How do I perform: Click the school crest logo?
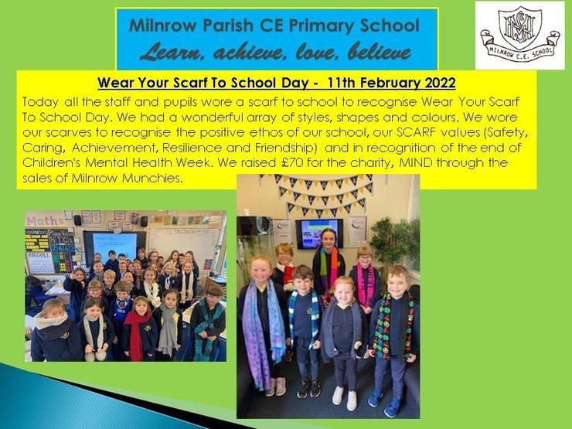tap(520, 36)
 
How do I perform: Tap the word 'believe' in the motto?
tap(380, 52)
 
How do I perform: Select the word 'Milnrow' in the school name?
tap(162, 26)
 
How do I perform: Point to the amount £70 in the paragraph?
tap(292, 162)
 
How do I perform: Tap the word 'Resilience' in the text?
tap(192, 148)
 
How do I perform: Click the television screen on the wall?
tap(319, 233)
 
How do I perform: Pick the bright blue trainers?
tap(384, 403)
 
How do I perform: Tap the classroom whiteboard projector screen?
tap(114, 247)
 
